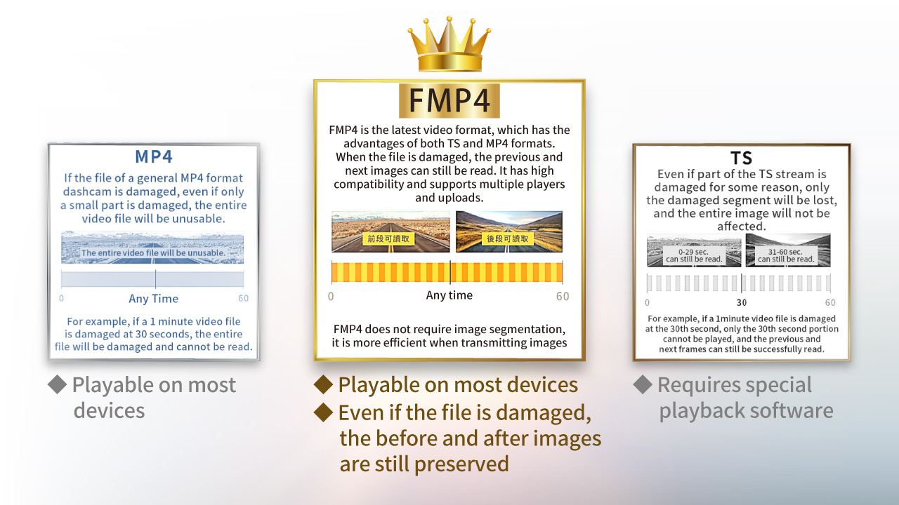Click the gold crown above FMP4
[x=449, y=44]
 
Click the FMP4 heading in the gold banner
[x=449, y=100]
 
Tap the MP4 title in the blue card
[x=154, y=156]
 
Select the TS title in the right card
[x=741, y=158]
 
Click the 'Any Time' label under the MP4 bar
[x=153, y=299]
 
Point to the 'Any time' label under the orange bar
[x=449, y=295]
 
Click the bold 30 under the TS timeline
[x=742, y=302]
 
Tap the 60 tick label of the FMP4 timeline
[x=563, y=296]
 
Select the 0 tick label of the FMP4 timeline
[x=331, y=296]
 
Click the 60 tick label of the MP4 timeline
[x=243, y=298]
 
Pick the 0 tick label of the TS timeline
[x=647, y=302]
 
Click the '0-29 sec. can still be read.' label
[x=693, y=256]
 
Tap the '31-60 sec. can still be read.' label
[x=785, y=256]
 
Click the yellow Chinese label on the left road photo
[x=388, y=239]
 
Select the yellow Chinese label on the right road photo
[x=508, y=239]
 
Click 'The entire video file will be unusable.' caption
[x=153, y=253]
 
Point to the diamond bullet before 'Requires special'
[x=643, y=384]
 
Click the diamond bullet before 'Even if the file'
[x=324, y=412]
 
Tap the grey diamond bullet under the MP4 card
[x=58, y=384]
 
